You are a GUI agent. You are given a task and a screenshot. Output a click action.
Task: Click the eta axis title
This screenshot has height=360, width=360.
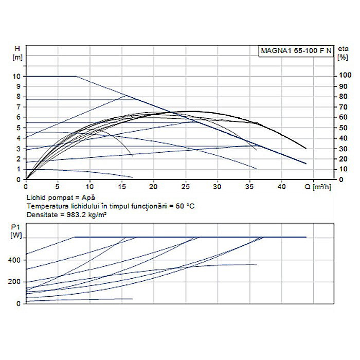click(x=342, y=48)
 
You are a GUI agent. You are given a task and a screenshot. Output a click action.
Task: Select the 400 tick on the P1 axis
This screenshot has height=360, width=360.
click(x=15, y=260)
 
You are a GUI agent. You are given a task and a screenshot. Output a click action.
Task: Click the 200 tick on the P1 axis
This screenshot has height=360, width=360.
click(x=15, y=282)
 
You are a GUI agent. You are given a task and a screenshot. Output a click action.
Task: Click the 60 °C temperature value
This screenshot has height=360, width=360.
click(x=186, y=206)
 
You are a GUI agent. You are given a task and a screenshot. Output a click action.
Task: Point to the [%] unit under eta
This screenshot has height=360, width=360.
click(x=342, y=57)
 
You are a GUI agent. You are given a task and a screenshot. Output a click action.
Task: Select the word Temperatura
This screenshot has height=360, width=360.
click(x=43, y=206)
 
